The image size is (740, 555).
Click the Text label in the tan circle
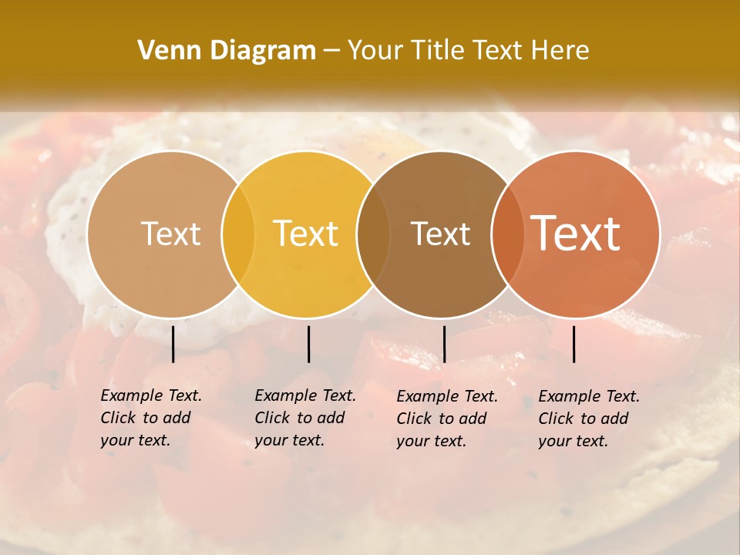click(x=171, y=234)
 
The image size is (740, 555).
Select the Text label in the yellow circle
click(x=306, y=234)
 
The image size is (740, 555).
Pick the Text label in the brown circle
click(x=441, y=234)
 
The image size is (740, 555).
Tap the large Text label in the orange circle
click(x=576, y=234)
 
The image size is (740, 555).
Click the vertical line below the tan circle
click(x=173, y=344)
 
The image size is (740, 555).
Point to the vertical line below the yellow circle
click(x=308, y=344)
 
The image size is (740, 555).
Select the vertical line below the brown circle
click(x=444, y=344)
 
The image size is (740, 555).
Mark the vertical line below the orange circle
click(x=573, y=344)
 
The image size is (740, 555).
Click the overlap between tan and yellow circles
click(x=238, y=234)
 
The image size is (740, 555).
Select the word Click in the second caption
click(x=271, y=418)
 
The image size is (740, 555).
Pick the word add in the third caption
click(x=471, y=419)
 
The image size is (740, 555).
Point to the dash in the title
click(x=331, y=51)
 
